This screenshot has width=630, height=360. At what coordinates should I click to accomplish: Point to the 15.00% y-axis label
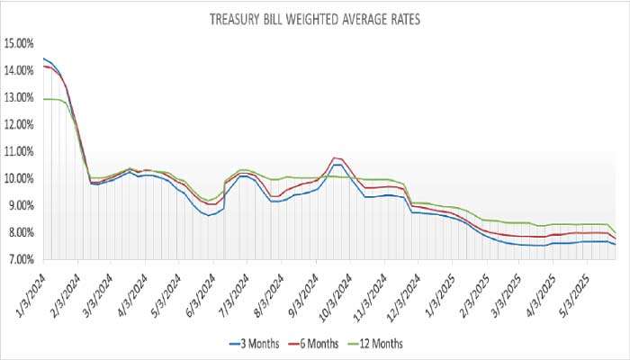[x=19, y=43]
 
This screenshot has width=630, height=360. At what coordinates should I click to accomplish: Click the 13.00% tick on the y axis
[x=19, y=97]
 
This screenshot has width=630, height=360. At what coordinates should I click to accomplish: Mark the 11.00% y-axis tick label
[x=19, y=151]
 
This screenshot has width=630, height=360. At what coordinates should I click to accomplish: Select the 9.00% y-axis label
[x=21, y=205]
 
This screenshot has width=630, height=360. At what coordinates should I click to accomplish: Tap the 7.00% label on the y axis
[x=21, y=259]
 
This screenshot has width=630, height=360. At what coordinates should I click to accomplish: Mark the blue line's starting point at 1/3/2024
[x=43, y=58]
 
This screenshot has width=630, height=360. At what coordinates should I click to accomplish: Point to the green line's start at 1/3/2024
[x=43, y=99]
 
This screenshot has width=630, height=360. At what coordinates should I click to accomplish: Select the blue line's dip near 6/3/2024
[x=210, y=216]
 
